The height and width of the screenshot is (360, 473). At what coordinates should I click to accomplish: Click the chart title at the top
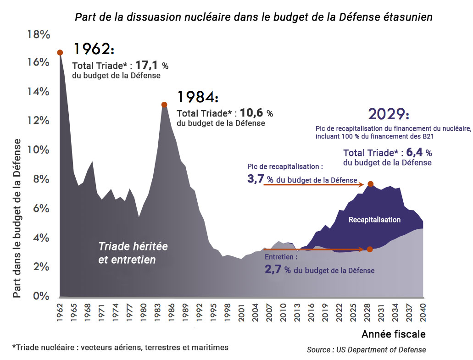254,17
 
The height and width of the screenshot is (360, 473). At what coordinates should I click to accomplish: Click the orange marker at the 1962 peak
60,52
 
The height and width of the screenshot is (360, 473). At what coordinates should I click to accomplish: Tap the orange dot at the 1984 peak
164,105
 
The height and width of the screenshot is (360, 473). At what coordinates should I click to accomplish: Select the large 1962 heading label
94,49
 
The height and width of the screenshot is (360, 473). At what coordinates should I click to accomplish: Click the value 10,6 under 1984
251,113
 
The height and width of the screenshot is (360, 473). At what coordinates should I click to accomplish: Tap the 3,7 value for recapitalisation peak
255,179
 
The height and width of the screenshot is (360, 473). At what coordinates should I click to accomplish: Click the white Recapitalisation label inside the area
374,220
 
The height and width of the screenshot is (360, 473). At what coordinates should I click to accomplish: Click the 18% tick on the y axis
38,34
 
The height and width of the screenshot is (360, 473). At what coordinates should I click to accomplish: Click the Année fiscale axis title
393,333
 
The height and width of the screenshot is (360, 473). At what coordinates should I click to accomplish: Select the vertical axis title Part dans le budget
17,218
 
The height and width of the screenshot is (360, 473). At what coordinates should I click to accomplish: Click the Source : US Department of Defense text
366,349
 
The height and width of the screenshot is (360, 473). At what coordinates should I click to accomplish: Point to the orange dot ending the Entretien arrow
370,249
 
